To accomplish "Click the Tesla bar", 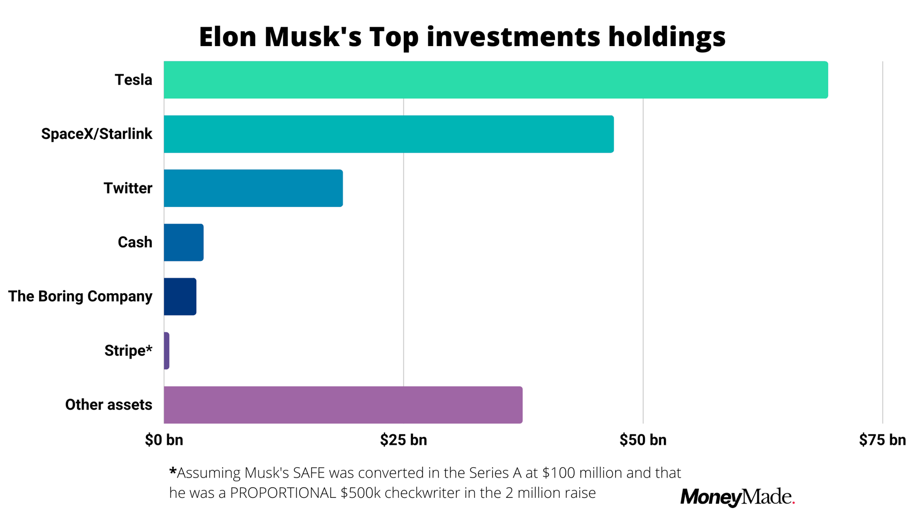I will [496, 80].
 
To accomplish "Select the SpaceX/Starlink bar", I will [388, 134].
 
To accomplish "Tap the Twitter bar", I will [253, 188].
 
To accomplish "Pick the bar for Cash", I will [183, 242].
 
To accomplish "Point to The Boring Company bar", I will [180, 296].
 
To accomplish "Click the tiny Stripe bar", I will [167, 350].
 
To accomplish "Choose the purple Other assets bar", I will [343, 405].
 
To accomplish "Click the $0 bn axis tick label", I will [164, 440].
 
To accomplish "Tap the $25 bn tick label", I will [403, 440].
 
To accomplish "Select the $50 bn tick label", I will [642, 440].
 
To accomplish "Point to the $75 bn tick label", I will [882, 440].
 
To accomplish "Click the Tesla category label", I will [133, 80].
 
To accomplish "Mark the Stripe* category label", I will [128, 350].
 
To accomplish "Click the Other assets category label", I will [108, 405].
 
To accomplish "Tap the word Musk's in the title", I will [313, 36].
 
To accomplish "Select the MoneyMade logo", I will [737, 497].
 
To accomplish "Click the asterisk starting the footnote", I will [173, 472].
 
